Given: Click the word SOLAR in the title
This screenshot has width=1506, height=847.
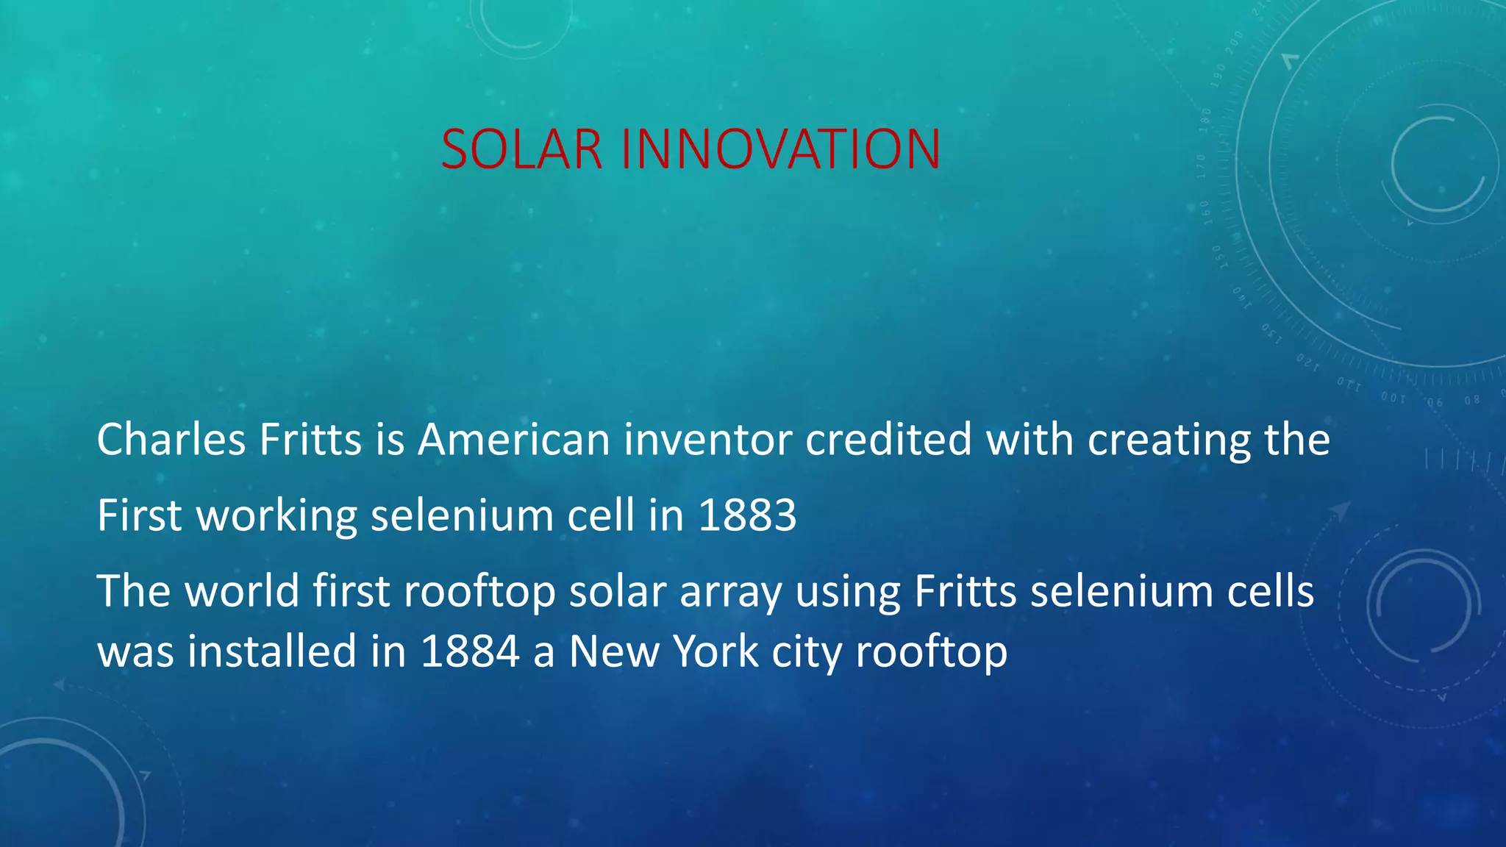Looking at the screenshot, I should coord(521,149).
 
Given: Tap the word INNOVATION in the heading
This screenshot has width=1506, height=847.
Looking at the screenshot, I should coord(780,149).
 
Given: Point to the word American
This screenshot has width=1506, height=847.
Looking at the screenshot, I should coord(514,440).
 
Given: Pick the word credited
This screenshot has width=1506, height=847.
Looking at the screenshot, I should coord(888,440).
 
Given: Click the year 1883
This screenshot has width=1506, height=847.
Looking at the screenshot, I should coord(747,515).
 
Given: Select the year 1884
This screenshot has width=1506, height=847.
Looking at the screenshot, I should coord(470,651).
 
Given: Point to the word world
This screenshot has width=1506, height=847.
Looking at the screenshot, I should coord(242,591).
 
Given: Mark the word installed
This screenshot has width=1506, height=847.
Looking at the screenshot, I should coord(271,651).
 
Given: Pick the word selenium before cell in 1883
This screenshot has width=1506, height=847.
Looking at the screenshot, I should coord(461,515).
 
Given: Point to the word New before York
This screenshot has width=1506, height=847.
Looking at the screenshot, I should coord(613,651).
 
